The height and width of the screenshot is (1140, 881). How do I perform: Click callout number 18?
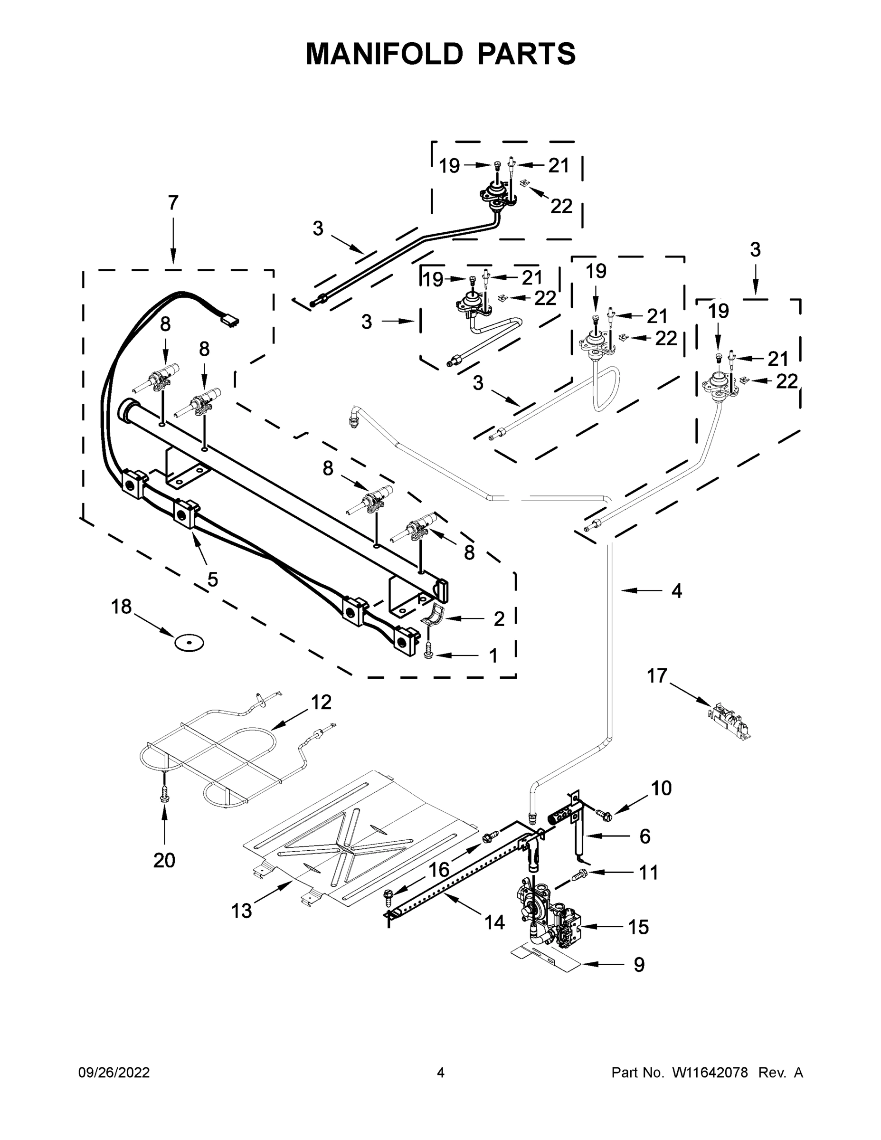tap(121, 607)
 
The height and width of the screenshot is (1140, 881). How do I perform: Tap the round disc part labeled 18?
tap(189, 643)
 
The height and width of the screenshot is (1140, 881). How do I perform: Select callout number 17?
tap(657, 675)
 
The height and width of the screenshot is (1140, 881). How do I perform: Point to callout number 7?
tap(173, 202)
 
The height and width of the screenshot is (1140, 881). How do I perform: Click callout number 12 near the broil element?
tap(321, 702)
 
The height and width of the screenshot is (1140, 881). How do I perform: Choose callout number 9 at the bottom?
tap(639, 965)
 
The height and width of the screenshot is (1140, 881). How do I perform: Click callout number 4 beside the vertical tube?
tap(676, 591)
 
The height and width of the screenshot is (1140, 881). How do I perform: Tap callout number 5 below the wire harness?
tap(212, 579)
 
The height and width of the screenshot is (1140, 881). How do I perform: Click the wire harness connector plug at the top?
tap(230, 320)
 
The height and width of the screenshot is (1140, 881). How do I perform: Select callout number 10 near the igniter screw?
tap(661, 788)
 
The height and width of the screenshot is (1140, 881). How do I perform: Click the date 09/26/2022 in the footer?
tap(114, 1073)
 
